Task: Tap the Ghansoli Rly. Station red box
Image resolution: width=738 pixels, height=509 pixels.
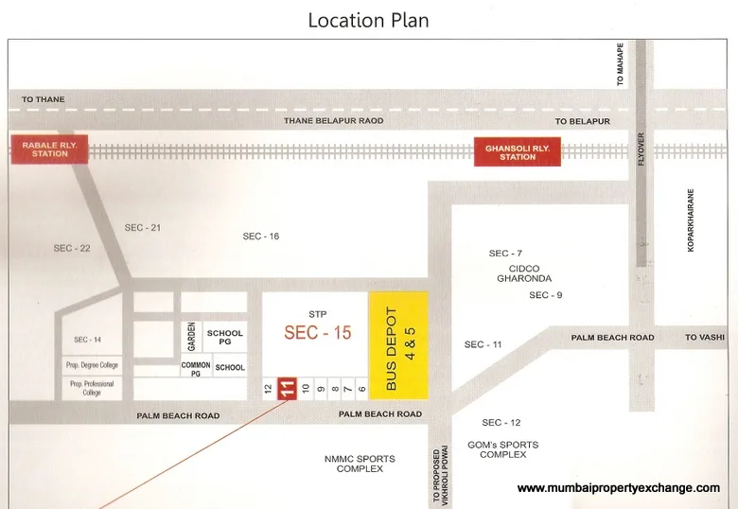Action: [x=518, y=152]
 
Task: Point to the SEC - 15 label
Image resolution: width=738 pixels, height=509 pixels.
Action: [x=318, y=333]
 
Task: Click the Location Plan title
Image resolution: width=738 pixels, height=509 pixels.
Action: [x=368, y=20]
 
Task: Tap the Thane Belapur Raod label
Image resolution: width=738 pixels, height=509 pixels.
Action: [x=334, y=121]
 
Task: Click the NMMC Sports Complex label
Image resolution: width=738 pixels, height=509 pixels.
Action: [x=360, y=464]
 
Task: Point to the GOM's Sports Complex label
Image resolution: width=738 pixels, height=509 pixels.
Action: [x=502, y=449]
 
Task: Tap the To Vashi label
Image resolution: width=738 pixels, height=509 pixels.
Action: [x=704, y=338]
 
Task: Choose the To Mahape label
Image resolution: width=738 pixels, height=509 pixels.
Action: [x=621, y=64]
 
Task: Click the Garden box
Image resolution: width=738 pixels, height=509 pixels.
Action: [x=191, y=336]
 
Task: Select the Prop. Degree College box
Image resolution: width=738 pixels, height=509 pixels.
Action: [x=92, y=364]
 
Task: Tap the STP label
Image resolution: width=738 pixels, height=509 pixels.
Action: [x=317, y=313]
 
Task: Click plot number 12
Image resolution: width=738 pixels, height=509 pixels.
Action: [x=268, y=389]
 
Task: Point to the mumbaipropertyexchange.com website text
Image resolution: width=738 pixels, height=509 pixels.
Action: [x=619, y=488]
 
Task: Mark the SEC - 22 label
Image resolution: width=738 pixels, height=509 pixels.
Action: [x=71, y=248]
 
